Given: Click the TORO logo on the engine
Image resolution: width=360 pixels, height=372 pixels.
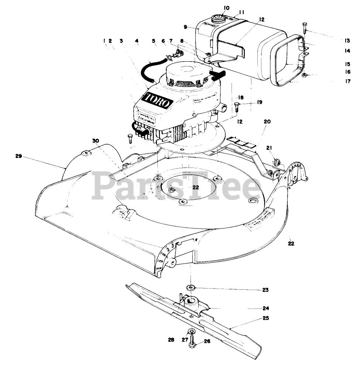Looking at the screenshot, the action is pyautogui.click(x=157, y=100).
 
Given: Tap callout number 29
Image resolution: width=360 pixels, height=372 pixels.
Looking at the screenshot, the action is pyautogui.click(x=19, y=156).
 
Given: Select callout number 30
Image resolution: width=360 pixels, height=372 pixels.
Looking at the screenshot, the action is pyautogui.click(x=96, y=141).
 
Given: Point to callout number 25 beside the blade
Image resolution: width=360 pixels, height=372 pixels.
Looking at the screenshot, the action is pyautogui.click(x=266, y=318).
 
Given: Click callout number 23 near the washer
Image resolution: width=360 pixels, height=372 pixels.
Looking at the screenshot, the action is pyautogui.click(x=265, y=290).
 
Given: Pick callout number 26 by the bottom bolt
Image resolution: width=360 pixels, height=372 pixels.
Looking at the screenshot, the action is pyautogui.click(x=207, y=341).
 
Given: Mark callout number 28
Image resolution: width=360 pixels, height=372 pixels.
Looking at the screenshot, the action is pyautogui.click(x=171, y=340).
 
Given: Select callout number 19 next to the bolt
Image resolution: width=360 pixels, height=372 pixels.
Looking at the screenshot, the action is pyautogui.click(x=259, y=102).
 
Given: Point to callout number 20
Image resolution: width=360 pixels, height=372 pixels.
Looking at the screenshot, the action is pyautogui.click(x=267, y=121).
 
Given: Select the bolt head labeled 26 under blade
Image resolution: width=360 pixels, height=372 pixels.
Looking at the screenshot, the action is pyautogui.click(x=192, y=345).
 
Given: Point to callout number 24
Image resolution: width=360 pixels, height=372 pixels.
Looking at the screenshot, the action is pyautogui.click(x=265, y=308).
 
